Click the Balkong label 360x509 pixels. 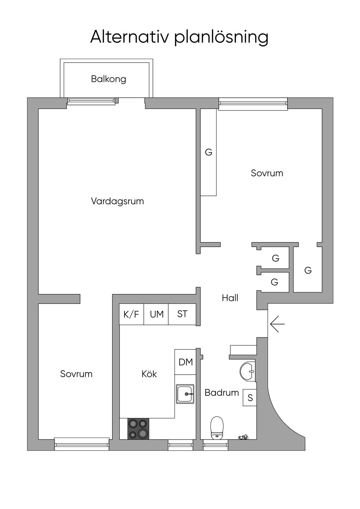108,79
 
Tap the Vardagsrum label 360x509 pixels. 117,201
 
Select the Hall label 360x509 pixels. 230,298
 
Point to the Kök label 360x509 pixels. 149,374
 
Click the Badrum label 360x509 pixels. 221,393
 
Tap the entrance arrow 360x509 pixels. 277,324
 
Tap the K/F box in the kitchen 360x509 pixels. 131,315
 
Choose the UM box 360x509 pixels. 156,315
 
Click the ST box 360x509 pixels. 182,315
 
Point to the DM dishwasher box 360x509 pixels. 186,362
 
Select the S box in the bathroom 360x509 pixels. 250,398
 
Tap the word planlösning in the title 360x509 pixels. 221,38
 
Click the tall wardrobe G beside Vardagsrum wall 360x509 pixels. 208,152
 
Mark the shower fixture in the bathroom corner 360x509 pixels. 243,437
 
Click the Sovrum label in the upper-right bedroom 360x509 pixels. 267,173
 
